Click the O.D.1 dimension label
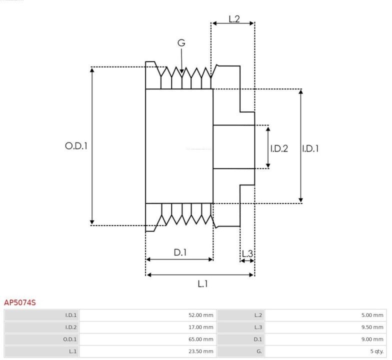(76, 146)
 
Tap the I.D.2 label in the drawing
(279, 148)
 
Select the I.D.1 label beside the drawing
(310, 148)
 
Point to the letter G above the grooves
(181, 43)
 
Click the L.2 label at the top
(234, 19)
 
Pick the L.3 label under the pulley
(247, 253)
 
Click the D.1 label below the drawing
(180, 252)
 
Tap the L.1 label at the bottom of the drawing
(202, 284)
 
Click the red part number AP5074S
(20, 302)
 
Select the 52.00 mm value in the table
(200, 315)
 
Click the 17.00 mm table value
(200, 327)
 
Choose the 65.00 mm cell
(200, 339)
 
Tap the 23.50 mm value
(200, 351)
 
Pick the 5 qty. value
(375, 351)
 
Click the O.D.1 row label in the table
(70, 339)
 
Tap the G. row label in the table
(259, 351)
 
